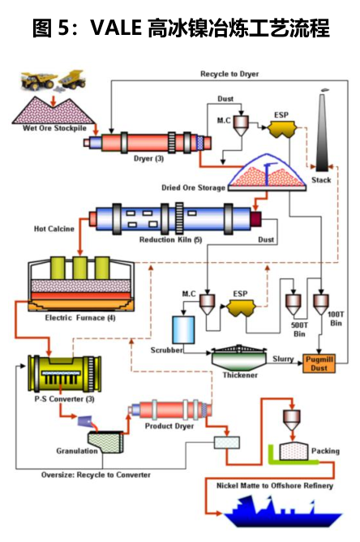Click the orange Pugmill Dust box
click(x=319, y=363)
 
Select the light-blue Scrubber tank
click(x=183, y=329)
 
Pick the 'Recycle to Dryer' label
click(x=229, y=74)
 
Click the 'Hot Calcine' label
click(x=54, y=229)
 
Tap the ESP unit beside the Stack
click(x=282, y=129)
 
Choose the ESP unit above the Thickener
click(x=241, y=308)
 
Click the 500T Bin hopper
click(x=293, y=304)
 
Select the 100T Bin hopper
click(x=320, y=304)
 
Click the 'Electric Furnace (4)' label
click(x=80, y=317)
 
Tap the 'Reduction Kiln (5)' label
click(x=170, y=239)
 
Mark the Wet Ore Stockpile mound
click(x=54, y=110)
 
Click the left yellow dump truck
click(x=37, y=81)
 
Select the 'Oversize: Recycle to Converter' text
click(x=96, y=475)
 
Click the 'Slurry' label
click(x=283, y=359)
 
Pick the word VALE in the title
click(x=116, y=28)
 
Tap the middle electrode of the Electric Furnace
click(x=79, y=268)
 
